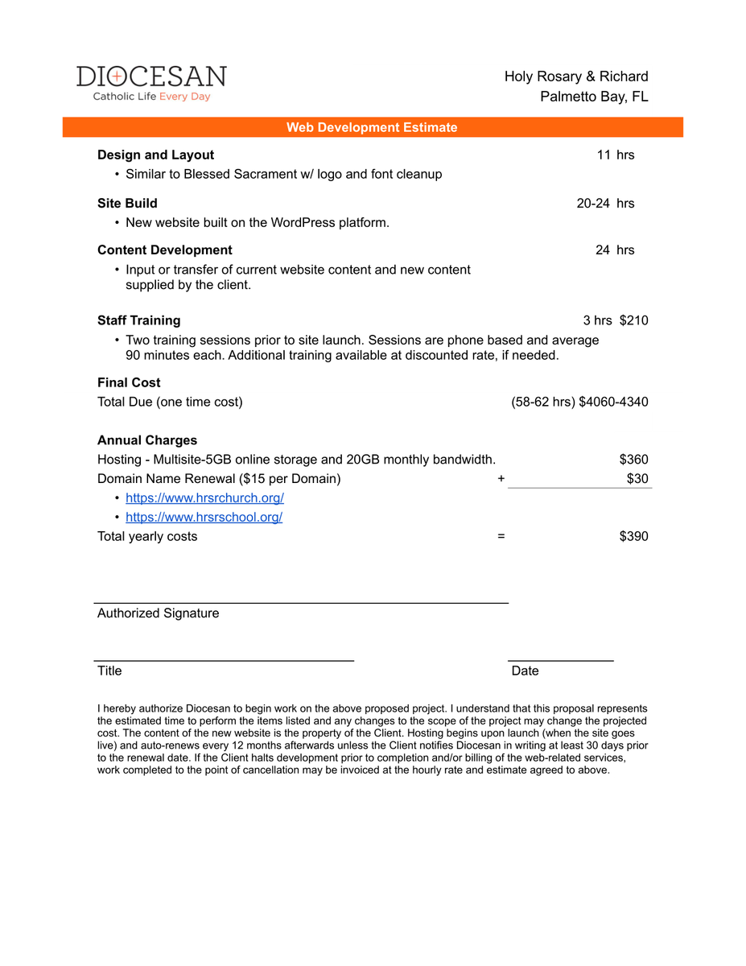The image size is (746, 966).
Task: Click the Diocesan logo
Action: [x=151, y=83]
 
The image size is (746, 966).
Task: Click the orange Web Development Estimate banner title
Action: [x=372, y=127]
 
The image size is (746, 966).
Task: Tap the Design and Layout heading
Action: [x=155, y=155]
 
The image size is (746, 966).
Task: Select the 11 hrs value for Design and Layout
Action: [x=615, y=155]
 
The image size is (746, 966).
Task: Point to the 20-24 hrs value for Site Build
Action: [x=605, y=203]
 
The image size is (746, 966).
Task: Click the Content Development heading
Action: [x=164, y=250]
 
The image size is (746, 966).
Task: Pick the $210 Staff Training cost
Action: [x=633, y=320]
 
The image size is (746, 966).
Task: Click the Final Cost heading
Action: [x=129, y=382]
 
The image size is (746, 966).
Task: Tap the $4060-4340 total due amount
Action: [x=613, y=402]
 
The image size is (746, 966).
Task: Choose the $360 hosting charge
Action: [x=633, y=460]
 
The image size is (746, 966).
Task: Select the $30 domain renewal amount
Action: [x=637, y=479]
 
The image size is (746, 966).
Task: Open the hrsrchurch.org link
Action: [x=204, y=498]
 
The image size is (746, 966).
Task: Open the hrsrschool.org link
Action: [x=204, y=518]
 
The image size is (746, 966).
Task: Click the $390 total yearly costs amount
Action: [x=633, y=536]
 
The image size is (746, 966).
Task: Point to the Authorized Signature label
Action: [x=158, y=613]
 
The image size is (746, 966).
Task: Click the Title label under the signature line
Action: [x=109, y=671]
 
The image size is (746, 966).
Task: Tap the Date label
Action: [x=525, y=671]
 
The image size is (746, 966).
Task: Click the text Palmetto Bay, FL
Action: [x=594, y=97]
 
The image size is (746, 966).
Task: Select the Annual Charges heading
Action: [x=146, y=440]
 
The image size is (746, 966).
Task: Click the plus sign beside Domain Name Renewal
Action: [x=501, y=479]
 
